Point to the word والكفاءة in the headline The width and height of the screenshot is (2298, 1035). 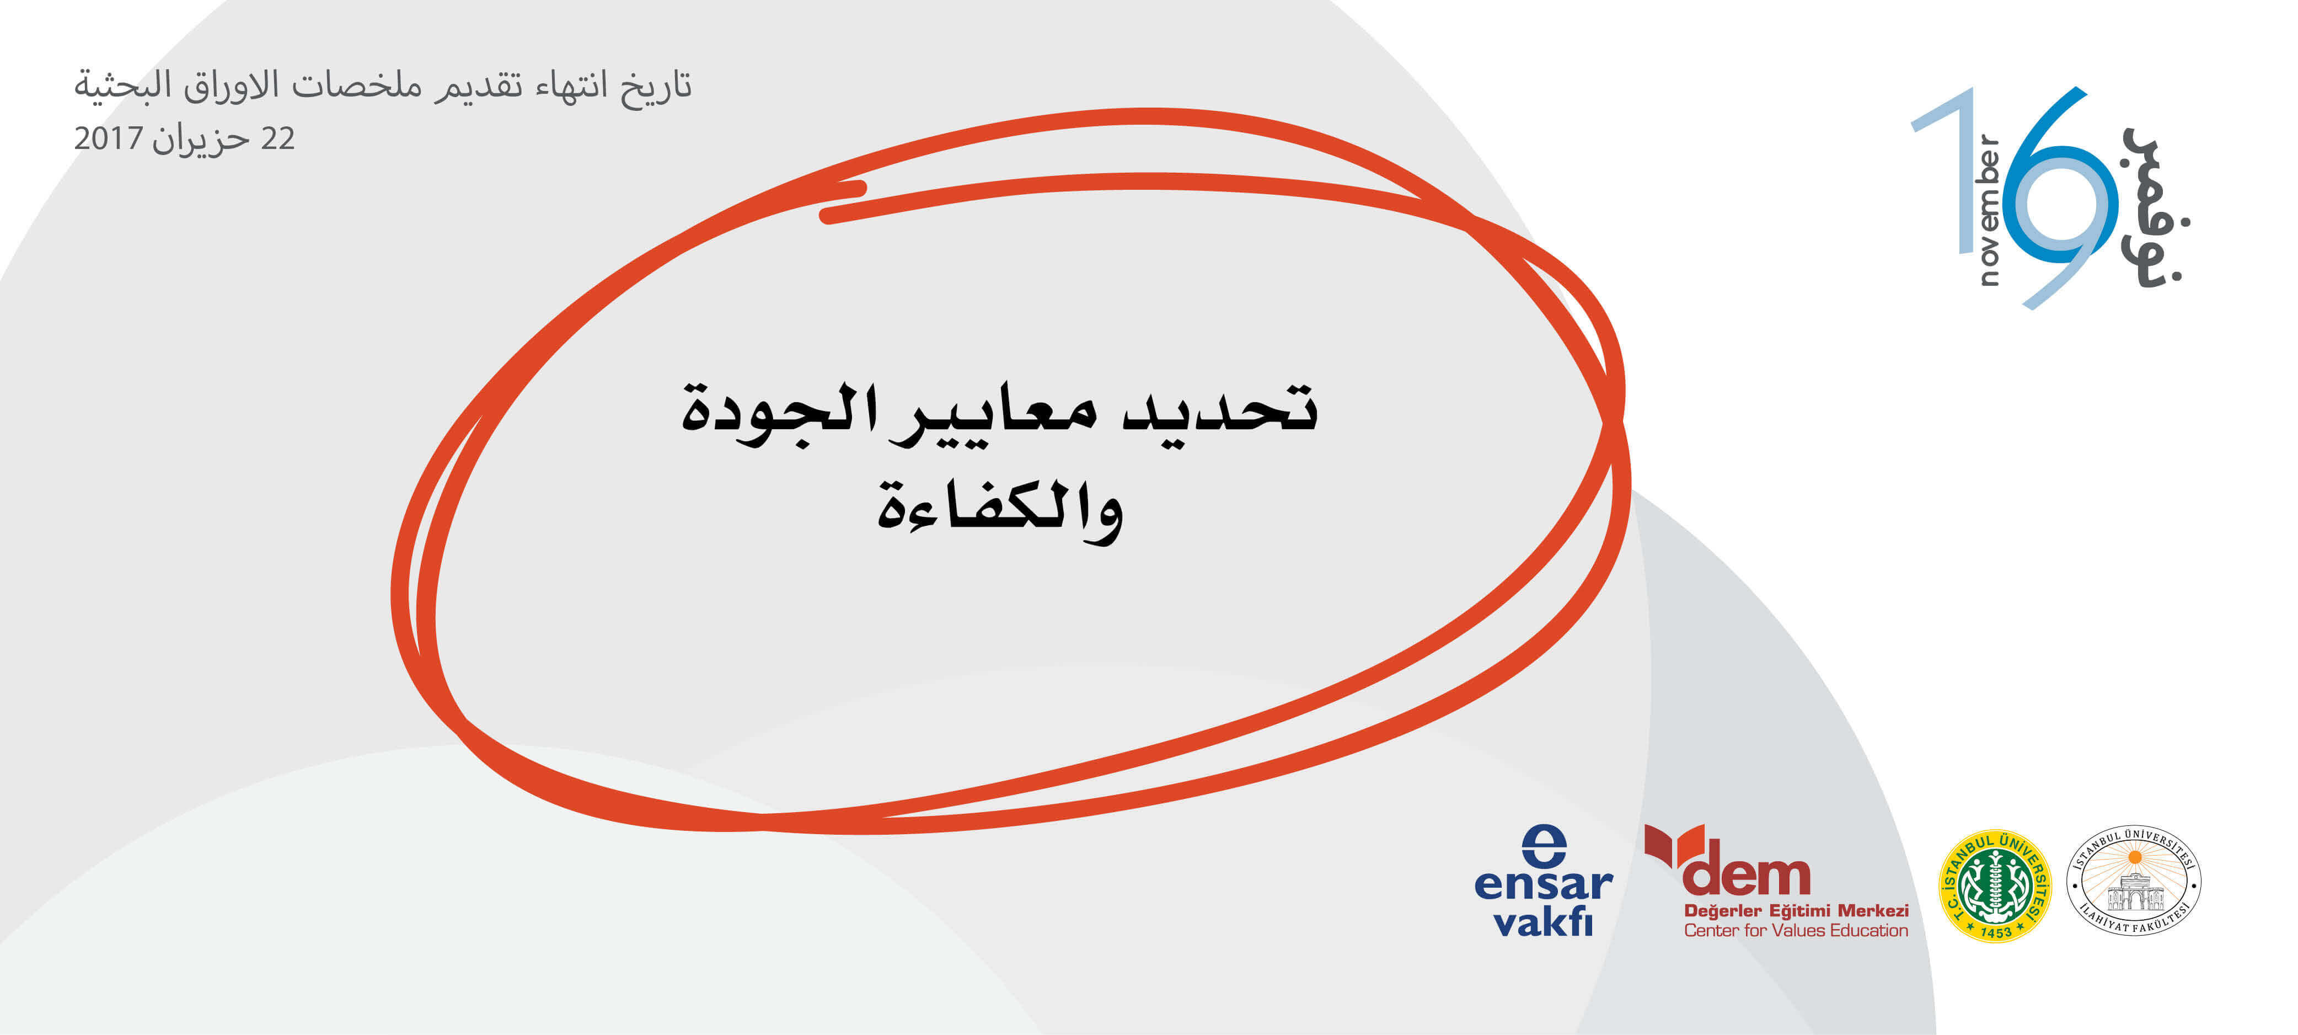click(x=1000, y=509)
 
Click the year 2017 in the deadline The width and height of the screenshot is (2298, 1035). click(x=108, y=138)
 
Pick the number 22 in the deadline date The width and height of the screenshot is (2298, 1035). click(x=277, y=138)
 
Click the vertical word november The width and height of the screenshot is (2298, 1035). click(x=1989, y=210)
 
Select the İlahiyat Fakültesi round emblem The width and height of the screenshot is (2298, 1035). click(x=2134, y=881)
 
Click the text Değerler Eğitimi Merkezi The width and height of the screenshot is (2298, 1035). click(x=1796, y=910)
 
